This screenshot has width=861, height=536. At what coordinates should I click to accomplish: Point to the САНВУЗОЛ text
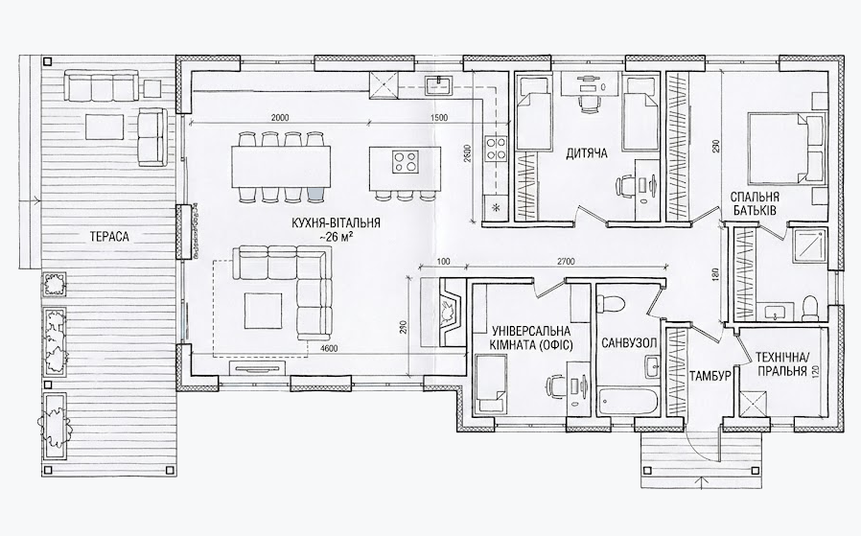(628, 342)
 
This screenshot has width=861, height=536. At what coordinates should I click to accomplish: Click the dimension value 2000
(280, 117)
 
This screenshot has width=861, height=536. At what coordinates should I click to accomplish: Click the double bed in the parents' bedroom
(782, 146)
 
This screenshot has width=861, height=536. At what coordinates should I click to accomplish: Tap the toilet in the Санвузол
(611, 304)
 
